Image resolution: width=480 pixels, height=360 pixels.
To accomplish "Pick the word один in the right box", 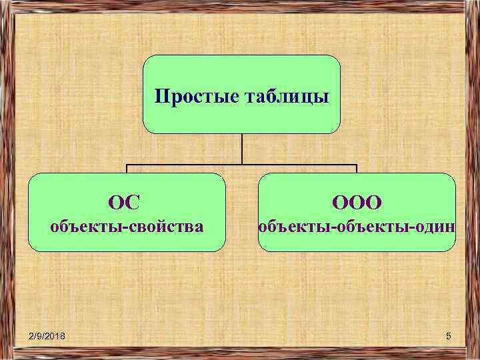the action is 437,227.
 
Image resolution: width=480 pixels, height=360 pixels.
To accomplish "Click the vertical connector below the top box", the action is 241,149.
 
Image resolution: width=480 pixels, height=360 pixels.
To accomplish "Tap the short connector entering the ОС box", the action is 127,169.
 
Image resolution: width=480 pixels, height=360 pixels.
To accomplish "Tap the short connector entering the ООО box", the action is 357,169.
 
